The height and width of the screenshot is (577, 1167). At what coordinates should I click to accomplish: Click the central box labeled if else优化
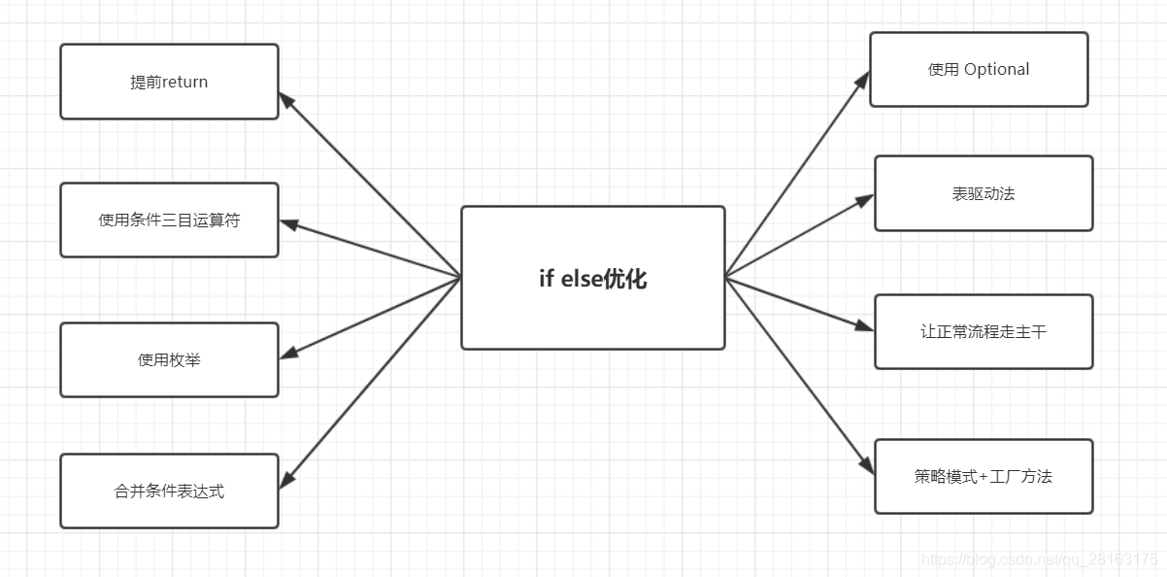tap(592, 278)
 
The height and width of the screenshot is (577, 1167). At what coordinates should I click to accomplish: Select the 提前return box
tap(169, 82)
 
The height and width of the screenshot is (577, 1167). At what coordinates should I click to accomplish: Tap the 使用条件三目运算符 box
tap(169, 220)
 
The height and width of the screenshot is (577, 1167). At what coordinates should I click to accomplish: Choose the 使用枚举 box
tap(169, 359)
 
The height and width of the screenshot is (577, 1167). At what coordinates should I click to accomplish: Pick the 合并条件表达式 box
tap(169, 491)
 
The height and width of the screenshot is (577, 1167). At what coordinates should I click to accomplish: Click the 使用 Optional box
tap(979, 69)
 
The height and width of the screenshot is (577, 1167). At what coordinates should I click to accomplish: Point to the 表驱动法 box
tap(984, 193)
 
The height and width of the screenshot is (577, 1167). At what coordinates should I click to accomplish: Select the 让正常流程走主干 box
tap(984, 331)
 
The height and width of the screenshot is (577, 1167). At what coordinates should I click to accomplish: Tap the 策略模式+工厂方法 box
tap(984, 476)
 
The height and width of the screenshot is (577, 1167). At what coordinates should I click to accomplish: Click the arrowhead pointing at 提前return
tap(286, 99)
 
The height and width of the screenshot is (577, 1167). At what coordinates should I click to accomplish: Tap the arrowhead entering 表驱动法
tap(865, 200)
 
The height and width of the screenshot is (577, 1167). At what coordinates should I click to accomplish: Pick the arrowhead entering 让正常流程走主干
tap(865, 327)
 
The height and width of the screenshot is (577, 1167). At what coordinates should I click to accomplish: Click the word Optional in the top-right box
tap(996, 69)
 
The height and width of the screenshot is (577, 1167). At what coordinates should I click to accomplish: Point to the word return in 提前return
tap(184, 82)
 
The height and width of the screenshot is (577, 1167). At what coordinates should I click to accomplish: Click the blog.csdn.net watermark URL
tap(1039, 560)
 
